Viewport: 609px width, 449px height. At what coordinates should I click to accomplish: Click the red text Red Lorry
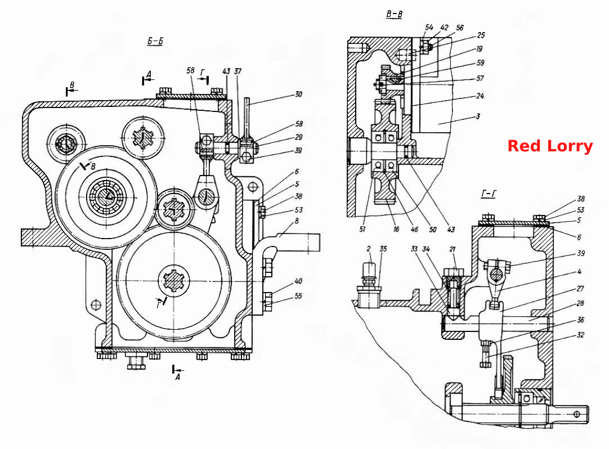click(x=550, y=146)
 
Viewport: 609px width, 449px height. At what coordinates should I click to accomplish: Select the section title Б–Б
click(x=155, y=41)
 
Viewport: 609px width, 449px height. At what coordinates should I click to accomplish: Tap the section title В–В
click(x=394, y=14)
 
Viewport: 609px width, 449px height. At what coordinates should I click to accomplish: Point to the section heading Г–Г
click(x=489, y=194)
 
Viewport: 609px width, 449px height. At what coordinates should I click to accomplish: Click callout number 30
click(x=298, y=95)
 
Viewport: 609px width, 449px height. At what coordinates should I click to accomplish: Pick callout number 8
click(x=297, y=221)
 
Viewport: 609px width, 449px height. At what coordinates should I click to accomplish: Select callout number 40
click(x=298, y=281)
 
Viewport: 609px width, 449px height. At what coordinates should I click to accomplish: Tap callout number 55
click(x=298, y=296)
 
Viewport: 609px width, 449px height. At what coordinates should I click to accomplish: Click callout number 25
click(x=481, y=35)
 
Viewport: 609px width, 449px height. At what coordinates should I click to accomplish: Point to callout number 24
click(x=480, y=96)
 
